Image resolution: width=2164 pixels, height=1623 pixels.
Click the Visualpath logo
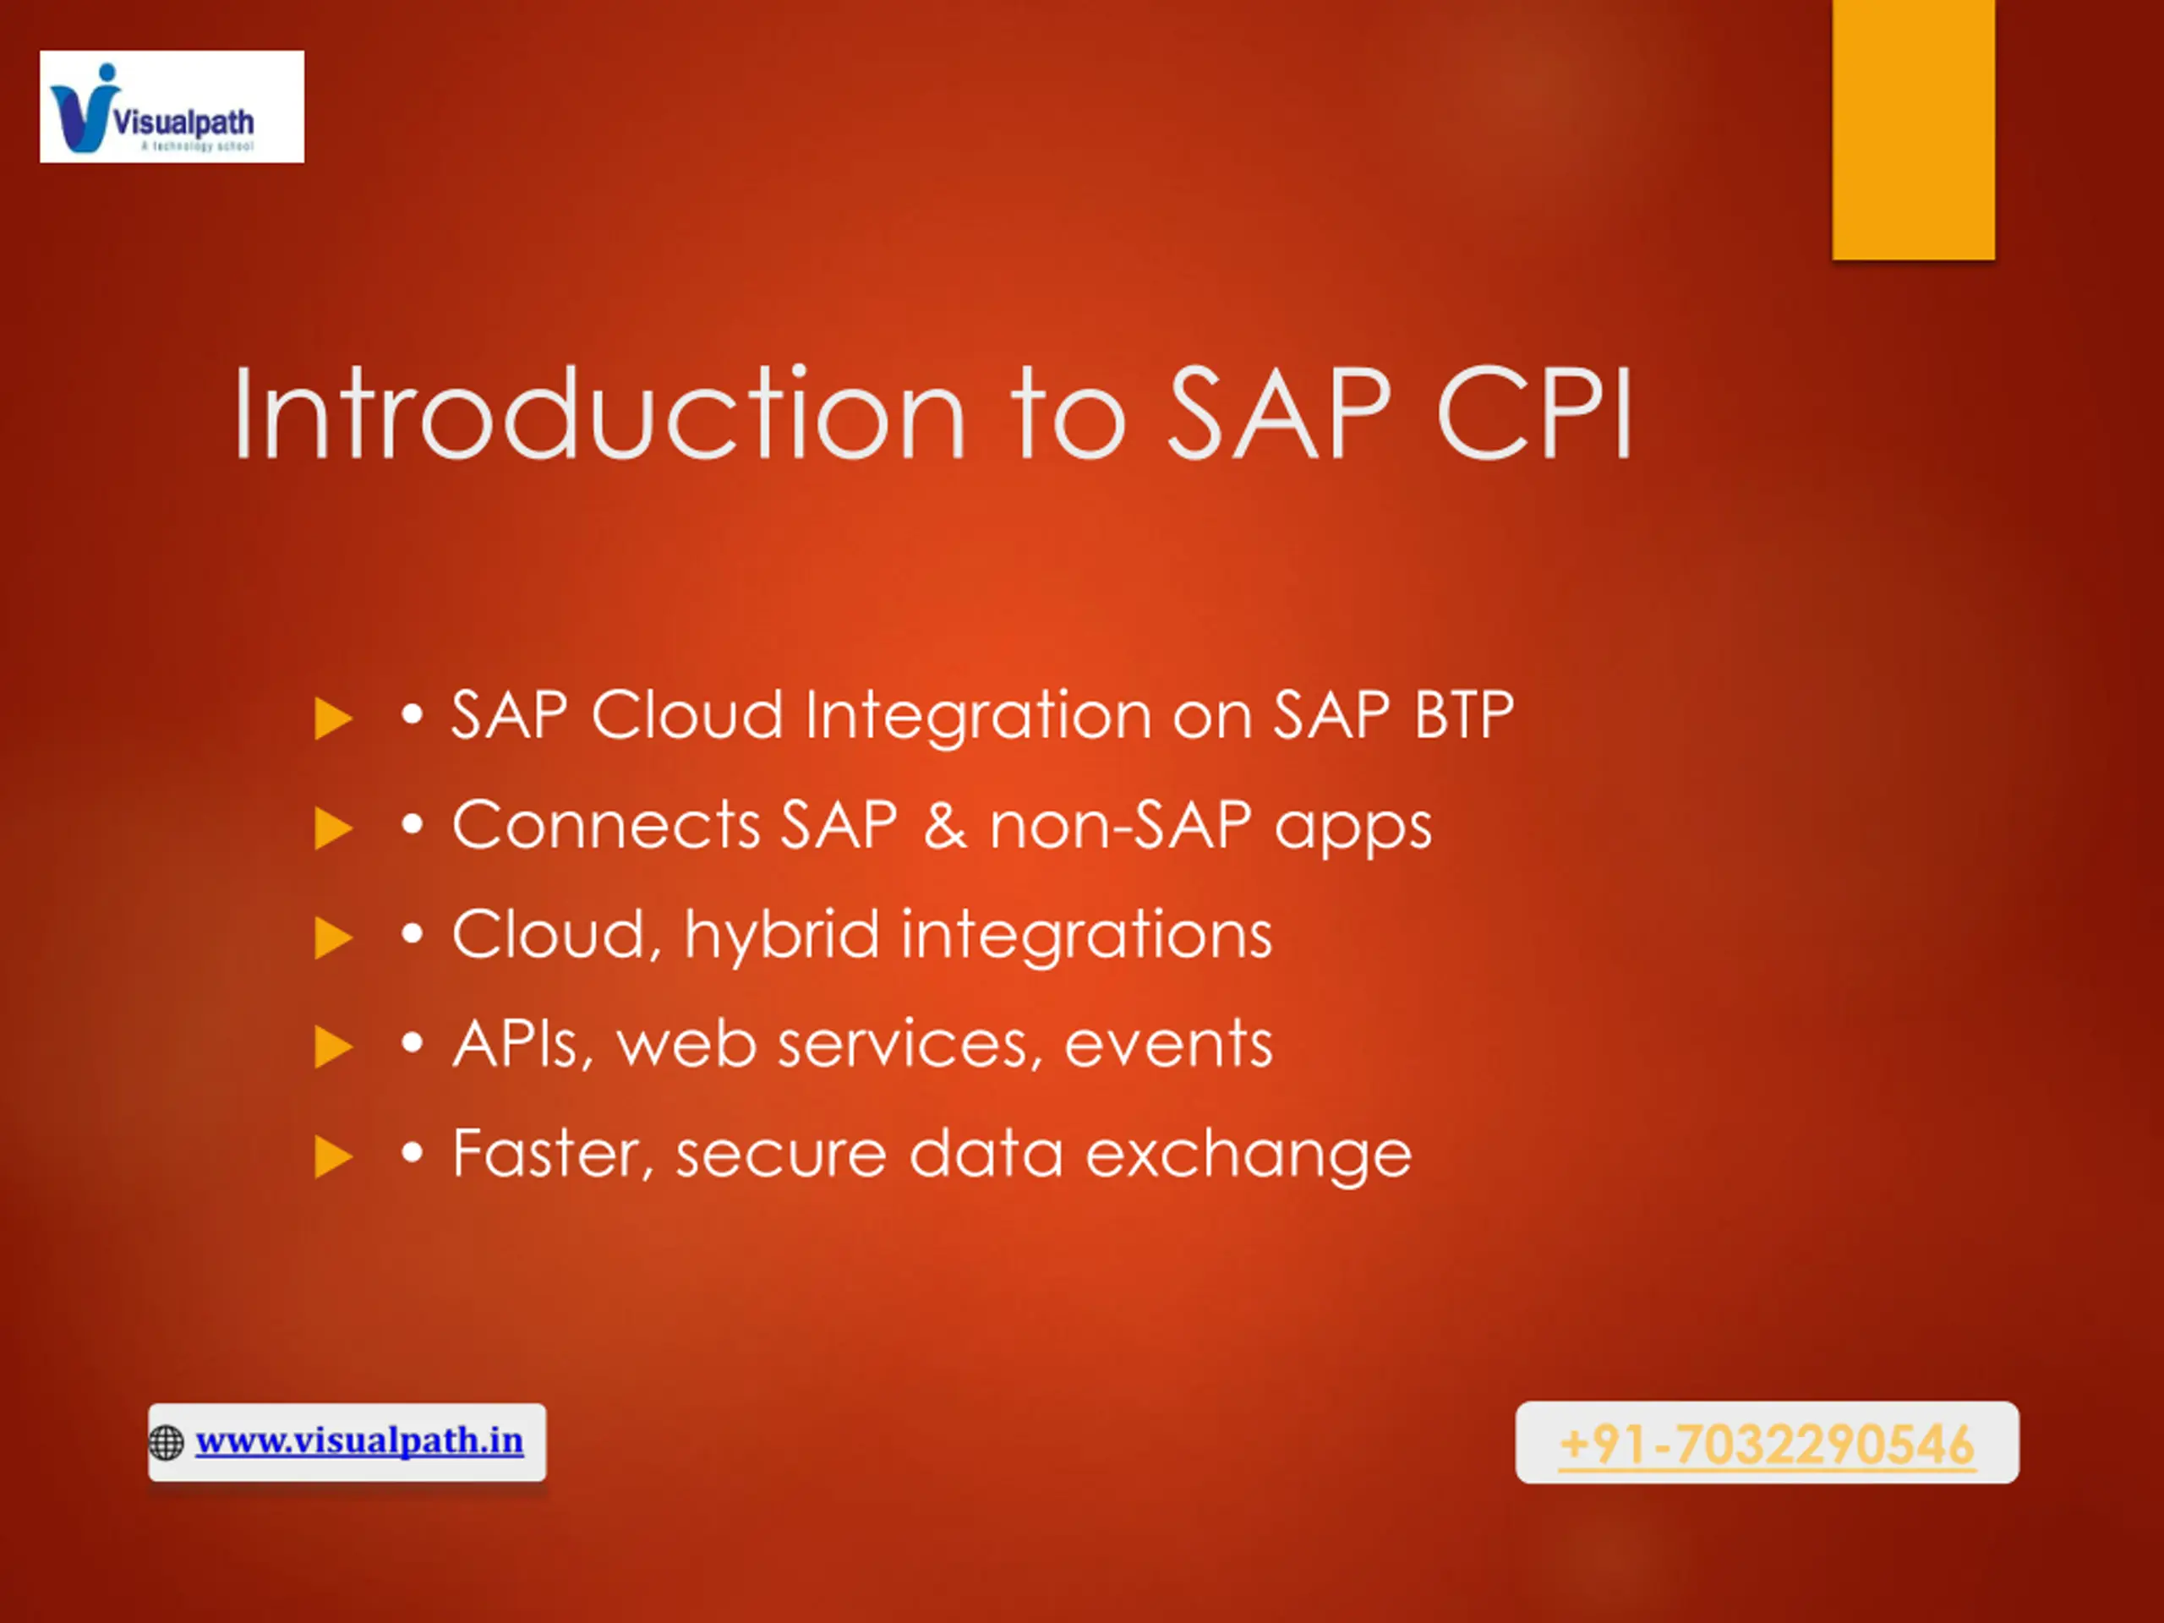point(172,107)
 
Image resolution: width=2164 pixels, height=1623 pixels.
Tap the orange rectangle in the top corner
point(1914,129)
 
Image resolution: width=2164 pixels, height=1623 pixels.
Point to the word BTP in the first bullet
point(1465,714)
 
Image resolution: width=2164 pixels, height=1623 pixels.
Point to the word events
point(1168,1044)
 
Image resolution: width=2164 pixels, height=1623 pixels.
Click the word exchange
point(1249,1156)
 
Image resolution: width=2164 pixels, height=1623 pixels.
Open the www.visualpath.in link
point(359,1441)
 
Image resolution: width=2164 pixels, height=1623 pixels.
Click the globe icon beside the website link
point(167,1443)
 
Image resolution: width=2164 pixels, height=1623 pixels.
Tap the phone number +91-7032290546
point(1767,1445)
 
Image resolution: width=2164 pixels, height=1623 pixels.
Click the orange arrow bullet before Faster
point(332,1157)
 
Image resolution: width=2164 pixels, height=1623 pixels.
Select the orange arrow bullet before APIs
point(332,1047)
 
